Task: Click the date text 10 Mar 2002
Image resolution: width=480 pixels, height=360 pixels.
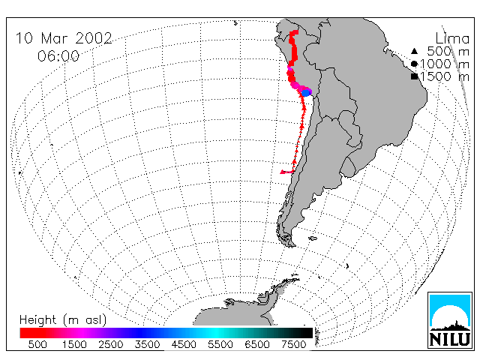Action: tap(64, 38)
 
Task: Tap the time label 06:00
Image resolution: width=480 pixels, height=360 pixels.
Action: tap(58, 56)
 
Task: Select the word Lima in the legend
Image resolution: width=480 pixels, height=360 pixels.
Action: tap(452, 39)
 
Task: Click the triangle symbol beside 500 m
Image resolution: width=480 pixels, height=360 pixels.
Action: tap(414, 51)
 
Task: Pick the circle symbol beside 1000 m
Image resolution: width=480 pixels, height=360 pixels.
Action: tap(414, 64)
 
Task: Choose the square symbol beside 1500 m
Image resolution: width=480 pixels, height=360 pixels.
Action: tap(415, 76)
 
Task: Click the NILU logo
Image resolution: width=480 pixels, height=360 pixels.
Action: tap(450, 320)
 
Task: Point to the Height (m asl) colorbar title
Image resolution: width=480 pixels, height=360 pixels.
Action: tap(63, 320)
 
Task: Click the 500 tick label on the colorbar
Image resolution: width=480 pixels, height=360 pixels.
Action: tap(37, 344)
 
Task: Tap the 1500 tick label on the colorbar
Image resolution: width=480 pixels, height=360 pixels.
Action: tap(74, 344)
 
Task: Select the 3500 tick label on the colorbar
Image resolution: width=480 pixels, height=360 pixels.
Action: tap(147, 344)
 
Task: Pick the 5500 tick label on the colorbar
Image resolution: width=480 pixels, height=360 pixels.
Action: tap(220, 344)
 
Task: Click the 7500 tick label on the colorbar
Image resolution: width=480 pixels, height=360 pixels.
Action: tap(293, 344)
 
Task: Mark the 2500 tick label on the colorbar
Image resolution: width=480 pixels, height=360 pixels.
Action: tap(111, 344)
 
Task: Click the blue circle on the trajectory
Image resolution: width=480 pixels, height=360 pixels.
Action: tap(305, 92)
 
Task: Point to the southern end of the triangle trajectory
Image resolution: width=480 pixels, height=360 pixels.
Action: tap(282, 172)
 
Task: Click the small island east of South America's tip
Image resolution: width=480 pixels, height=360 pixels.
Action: tap(313, 238)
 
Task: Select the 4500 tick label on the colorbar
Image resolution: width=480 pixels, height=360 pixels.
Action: tap(184, 344)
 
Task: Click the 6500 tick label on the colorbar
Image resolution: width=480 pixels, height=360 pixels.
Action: tap(257, 344)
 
